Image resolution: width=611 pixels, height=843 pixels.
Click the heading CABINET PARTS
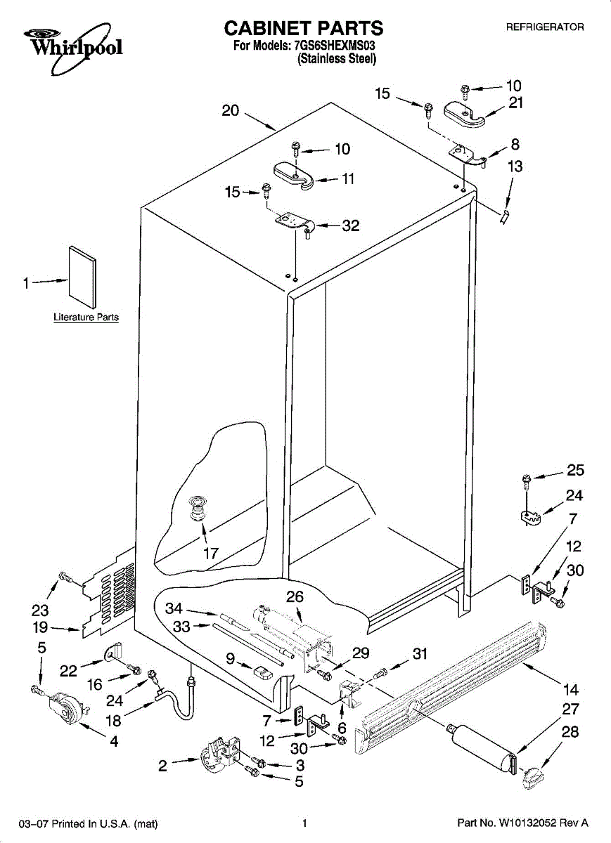pyautogui.click(x=303, y=28)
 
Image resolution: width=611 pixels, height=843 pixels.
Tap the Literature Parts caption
pyautogui.click(x=86, y=318)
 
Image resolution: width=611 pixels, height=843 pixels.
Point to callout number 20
pyautogui.click(x=231, y=111)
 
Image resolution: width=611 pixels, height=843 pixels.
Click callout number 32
pyautogui.click(x=350, y=226)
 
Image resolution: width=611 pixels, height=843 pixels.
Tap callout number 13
pyautogui.click(x=515, y=166)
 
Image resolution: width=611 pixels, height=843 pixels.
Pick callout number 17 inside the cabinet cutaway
pyautogui.click(x=211, y=553)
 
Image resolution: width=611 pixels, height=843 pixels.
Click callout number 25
pyautogui.click(x=575, y=471)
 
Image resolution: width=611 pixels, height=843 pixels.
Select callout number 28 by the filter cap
pyautogui.click(x=570, y=732)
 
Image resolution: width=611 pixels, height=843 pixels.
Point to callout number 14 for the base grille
pyautogui.click(x=570, y=690)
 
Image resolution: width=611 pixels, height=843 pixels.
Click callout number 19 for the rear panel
pyautogui.click(x=41, y=628)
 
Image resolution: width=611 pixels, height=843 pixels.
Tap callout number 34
pyautogui.click(x=174, y=608)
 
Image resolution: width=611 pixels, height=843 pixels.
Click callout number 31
pyautogui.click(x=420, y=654)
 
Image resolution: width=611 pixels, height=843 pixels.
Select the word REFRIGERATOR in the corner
pyautogui.click(x=545, y=27)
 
